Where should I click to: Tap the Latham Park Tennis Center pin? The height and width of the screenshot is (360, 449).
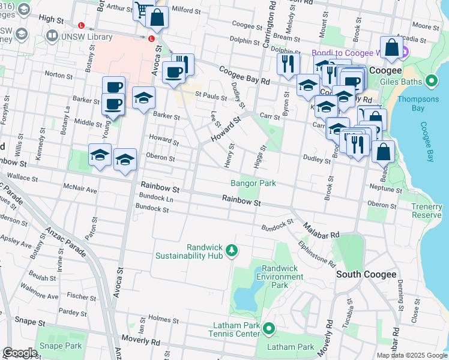[x=269, y=329]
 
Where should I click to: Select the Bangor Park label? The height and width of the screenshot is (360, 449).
[x=253, y=183]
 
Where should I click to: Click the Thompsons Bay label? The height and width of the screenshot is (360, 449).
[x=426, y=104]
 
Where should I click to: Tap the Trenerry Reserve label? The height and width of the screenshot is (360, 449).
[x=427, y=211]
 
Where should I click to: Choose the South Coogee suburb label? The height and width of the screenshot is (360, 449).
[x=366, y=274]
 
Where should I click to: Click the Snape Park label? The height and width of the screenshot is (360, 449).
[x=60, y=346]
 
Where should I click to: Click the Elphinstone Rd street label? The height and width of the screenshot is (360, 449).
[x=316, y=254]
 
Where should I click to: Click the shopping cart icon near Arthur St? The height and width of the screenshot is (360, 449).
[x=142, y=10]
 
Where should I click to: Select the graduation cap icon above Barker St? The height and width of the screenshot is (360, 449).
[x=143, y=98]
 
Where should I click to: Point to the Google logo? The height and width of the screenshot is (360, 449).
[x=20, y=353]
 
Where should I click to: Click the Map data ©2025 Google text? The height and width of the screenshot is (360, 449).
[x=411, y=355]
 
